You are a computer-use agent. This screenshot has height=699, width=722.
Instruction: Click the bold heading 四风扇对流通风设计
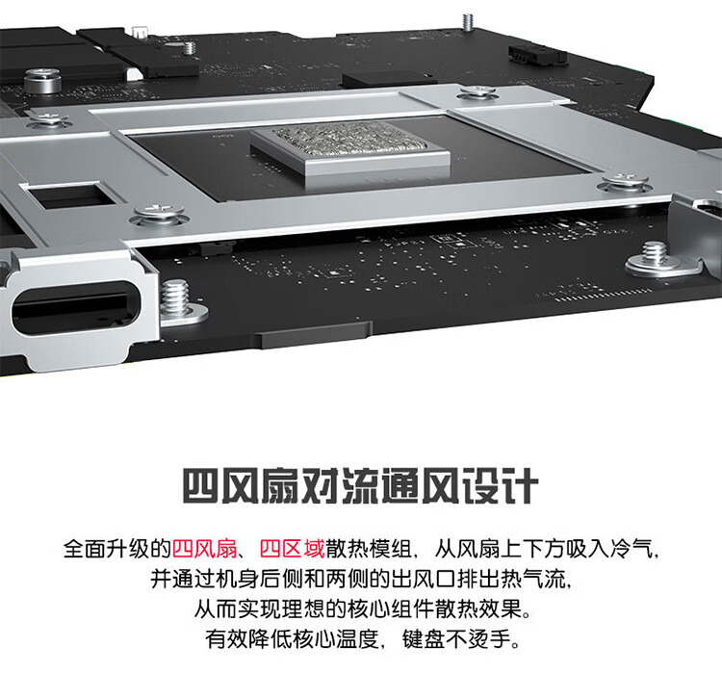361,486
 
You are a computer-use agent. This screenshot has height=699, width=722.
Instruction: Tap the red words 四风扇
204,549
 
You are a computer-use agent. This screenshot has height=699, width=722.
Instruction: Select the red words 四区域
292,549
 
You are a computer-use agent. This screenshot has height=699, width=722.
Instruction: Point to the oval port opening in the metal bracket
75,308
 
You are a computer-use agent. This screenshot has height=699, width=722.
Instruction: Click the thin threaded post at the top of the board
468,22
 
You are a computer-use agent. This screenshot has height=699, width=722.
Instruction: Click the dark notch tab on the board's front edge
312,334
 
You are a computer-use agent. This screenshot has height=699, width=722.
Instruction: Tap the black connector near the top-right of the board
536,55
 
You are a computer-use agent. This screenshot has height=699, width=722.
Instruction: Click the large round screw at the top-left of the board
42,81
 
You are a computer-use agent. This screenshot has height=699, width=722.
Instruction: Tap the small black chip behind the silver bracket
390,80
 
